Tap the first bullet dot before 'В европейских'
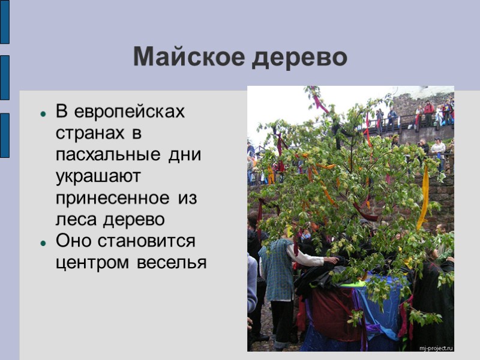click(43, 112)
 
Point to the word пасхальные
click(106, 155)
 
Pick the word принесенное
click(112, 198)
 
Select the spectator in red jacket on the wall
click(428, 111)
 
